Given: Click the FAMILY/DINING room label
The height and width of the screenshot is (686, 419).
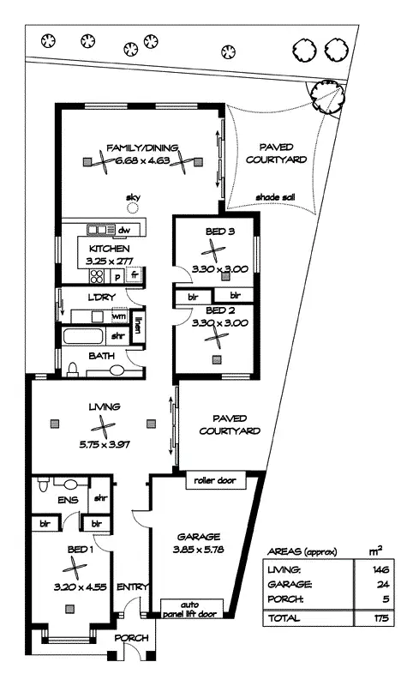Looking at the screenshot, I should (x=141, y=147).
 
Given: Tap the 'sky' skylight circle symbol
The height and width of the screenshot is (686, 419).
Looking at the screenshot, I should (x=133, y=208).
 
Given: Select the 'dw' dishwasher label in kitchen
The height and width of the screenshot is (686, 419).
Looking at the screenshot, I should (x=123, y=230).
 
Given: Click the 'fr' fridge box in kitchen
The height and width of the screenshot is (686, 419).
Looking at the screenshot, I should (x=135, y=275).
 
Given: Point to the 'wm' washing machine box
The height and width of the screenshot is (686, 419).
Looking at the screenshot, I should (x=118, y=316).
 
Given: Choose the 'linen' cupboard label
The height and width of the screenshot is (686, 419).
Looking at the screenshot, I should (x=138, y=325).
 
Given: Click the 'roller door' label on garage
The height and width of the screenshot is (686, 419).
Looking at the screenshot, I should (x=214, y=480).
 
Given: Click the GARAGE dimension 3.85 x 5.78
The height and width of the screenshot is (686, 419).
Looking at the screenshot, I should (x=198, y=550).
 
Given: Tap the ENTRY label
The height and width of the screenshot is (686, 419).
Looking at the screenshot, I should (x=133, y=587).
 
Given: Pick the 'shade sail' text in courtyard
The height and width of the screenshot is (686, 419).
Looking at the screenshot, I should (x=273, y=198).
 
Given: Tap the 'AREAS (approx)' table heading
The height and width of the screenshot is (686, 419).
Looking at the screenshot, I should (x=302, y=551).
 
